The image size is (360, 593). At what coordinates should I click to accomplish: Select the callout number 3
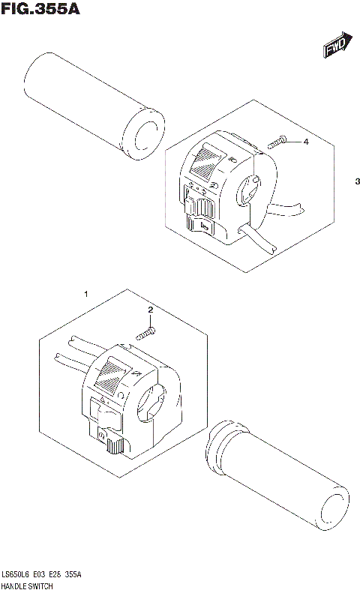point(358,182)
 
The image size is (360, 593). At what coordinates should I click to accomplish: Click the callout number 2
point(150,310)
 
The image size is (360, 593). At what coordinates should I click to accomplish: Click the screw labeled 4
point(278,142)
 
